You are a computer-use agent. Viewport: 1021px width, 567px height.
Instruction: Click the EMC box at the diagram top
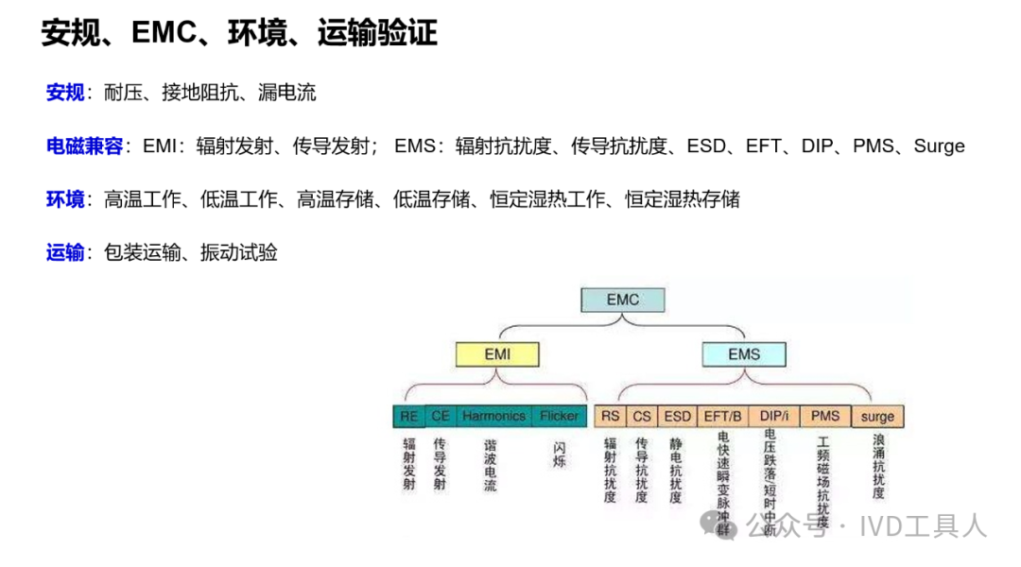622,300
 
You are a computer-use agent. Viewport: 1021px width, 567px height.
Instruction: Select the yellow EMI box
497,355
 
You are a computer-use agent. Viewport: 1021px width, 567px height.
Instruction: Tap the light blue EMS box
744,355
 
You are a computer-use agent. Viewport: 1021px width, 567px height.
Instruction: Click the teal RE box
409,416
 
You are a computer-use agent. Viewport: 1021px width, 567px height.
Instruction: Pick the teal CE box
441,416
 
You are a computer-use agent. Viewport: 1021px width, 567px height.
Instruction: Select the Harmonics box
494,416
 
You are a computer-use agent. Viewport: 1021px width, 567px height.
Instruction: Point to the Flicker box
560,416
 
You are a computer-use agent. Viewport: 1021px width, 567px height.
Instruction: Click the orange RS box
611,416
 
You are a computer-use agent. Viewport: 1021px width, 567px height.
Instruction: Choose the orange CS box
643,416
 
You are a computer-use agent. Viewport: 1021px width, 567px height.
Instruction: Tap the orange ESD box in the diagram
677,416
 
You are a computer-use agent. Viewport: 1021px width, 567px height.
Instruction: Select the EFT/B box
724,416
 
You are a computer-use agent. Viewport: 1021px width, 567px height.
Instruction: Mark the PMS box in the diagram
825,416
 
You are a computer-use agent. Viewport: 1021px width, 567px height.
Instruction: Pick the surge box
877,417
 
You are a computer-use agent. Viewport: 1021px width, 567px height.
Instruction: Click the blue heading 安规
65,93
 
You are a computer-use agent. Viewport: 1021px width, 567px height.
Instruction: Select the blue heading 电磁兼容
84,146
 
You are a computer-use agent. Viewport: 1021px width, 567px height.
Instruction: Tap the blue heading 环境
65,199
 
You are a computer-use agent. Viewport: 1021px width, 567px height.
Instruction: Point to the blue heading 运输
65,253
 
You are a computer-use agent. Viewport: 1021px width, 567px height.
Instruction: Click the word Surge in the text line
939,146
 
